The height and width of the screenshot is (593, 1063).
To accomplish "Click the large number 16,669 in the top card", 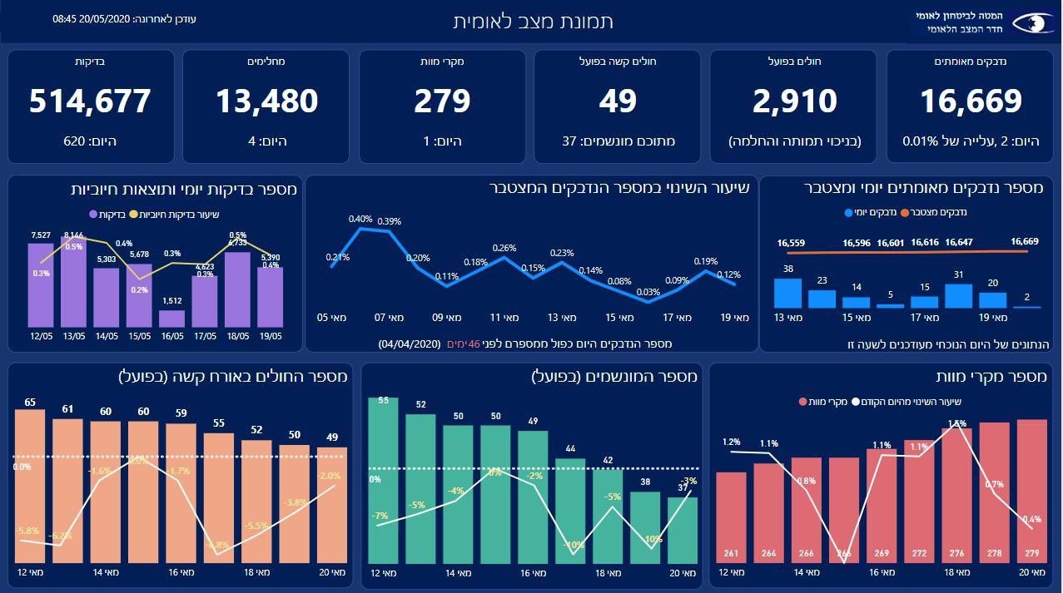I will pyautogui.click(x=971, y=101).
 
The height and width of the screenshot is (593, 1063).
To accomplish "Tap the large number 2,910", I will pyautogui.click(x=794, y=101).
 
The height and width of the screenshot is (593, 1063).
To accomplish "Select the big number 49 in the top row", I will pyautogui.click(x=618, y=101).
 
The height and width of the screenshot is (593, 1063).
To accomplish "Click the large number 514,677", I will pyautogui.click(x=90, y=101).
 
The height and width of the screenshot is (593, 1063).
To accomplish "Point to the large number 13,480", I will pyautogui.click(x=266, y=101).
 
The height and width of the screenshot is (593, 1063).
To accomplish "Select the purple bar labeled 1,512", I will pyautogui.click(x=171, y=319).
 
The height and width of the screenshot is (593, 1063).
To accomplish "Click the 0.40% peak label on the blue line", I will pyautogui.click(x=360, y=220).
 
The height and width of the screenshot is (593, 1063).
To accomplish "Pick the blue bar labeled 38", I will pyautogui.click(x=787, y=294).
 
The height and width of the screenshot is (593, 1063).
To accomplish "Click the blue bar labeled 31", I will pyautogui.click(x=958, y=296).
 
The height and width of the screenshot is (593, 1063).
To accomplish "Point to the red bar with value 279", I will pyautogui.click(x=1032, y=491).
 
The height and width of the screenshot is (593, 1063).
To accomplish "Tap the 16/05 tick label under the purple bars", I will pyautogui.click(x=171, y=335).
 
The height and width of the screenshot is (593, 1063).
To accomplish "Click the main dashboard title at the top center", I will pyautogui.click(x=533, y=22).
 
